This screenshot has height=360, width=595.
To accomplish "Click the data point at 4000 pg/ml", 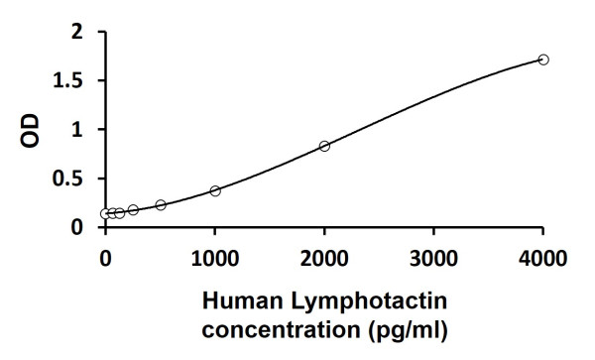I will coord(543,60).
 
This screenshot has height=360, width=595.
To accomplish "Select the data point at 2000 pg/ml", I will coord(324,146).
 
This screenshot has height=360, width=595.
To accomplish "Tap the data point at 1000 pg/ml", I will coord(215,190).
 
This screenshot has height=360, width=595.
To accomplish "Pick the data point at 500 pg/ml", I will coord(161,204).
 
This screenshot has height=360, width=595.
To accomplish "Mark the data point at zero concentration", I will coord(105,213).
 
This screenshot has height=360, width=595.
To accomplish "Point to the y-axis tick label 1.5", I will coord(68,80).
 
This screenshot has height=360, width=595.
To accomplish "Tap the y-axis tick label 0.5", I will coord(68,179).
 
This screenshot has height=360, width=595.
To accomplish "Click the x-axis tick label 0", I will coord(106,259).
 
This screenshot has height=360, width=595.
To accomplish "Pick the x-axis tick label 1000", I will coord(215,259).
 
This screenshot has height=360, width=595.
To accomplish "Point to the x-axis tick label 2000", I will coord(324,259).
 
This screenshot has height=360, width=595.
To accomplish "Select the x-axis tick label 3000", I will coord(433,259).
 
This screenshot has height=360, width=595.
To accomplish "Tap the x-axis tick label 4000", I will coord(543,259).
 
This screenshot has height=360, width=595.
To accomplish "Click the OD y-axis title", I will coord(31,130).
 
